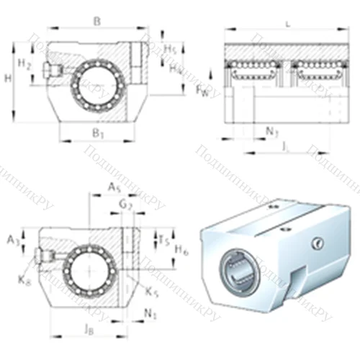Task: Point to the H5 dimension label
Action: tap(169, 48)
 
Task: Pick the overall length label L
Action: tap(288, 24)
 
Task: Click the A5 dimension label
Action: tap(113, 187)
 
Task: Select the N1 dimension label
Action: tap(150, 314)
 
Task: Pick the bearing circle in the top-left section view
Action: tap(89, 84)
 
